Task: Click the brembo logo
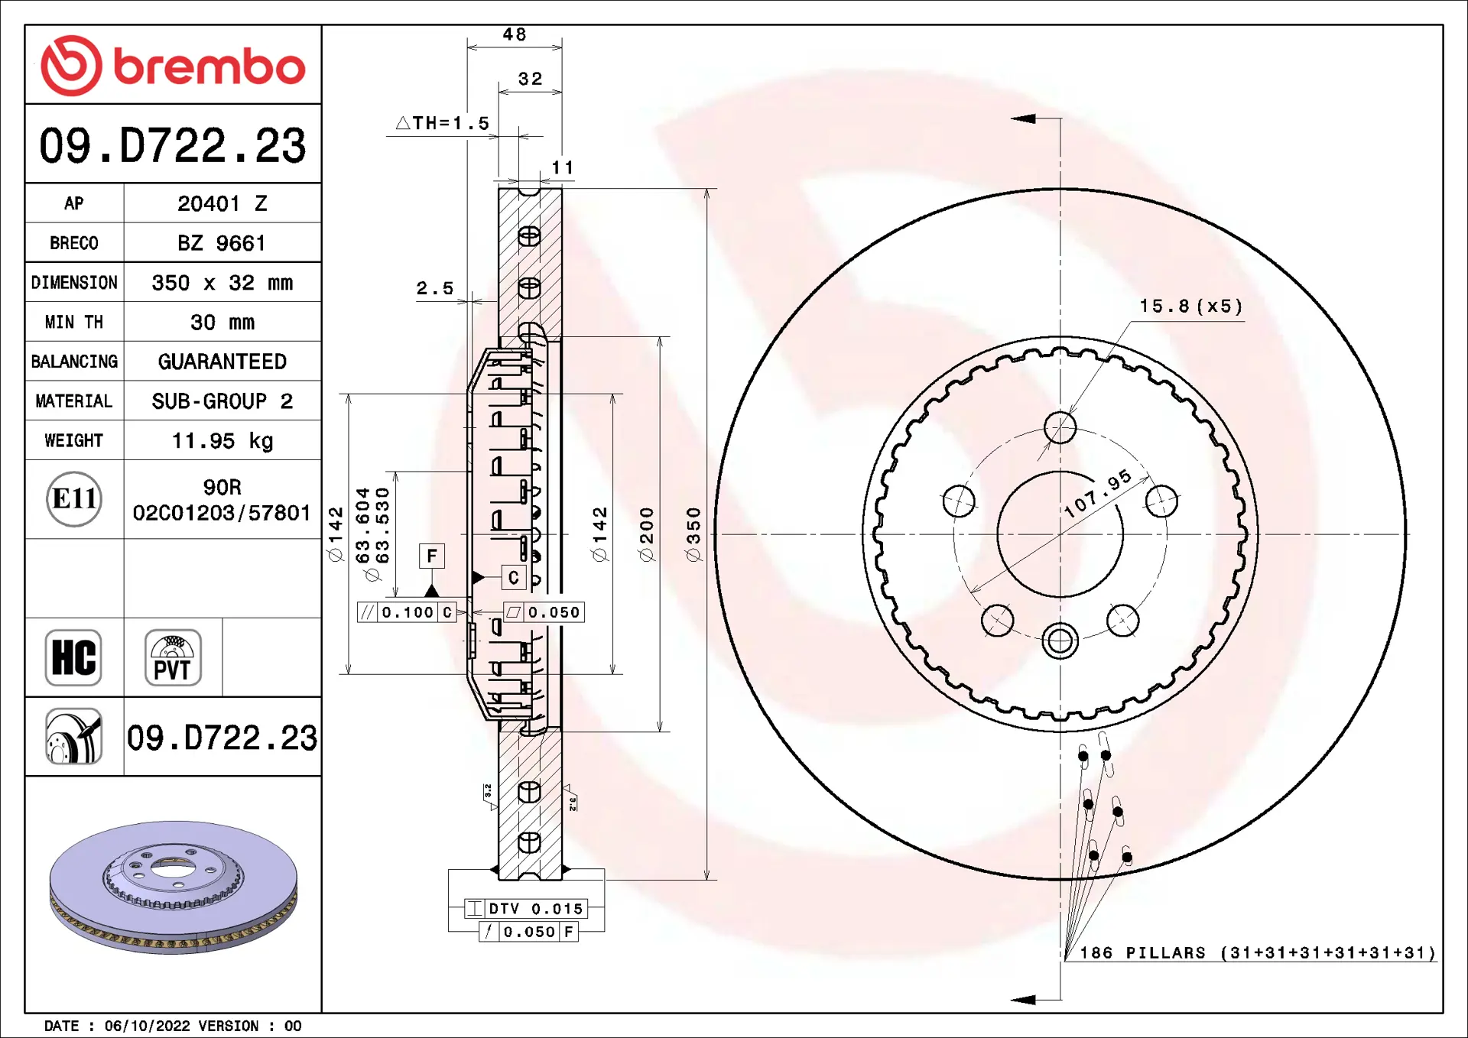pos(173,66)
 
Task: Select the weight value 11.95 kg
pos(222,441)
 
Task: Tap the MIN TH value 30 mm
pos(222,323)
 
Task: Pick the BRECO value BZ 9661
pos(222,243)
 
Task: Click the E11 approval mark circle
pos(74,499)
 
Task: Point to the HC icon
pos(73,657)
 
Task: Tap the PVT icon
pos(173,657)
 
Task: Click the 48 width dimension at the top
pos(515,34)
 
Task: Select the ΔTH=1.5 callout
pos(443,123)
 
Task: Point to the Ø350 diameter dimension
pos(693,534)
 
